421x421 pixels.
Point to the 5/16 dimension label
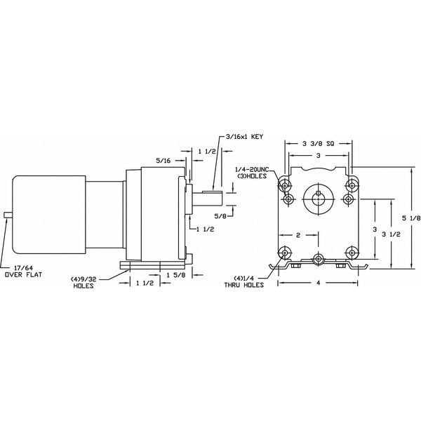tap(163, 161)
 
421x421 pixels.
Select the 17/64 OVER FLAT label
tap(25, 269)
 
